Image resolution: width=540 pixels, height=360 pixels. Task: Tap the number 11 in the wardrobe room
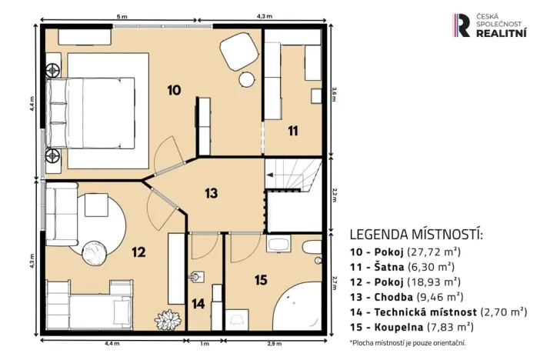tap(293, 131)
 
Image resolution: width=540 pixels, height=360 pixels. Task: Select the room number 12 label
tap(138, 251)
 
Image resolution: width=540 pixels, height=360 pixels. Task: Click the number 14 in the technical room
tap(198, 303)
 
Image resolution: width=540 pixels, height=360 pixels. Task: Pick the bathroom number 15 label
tap(261, 280)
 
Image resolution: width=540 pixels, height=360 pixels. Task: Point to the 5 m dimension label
tap(121, 15)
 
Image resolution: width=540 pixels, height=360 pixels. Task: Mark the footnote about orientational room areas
tap(407, 342)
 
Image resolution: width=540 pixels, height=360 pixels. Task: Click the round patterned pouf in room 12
tap(97, 251)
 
